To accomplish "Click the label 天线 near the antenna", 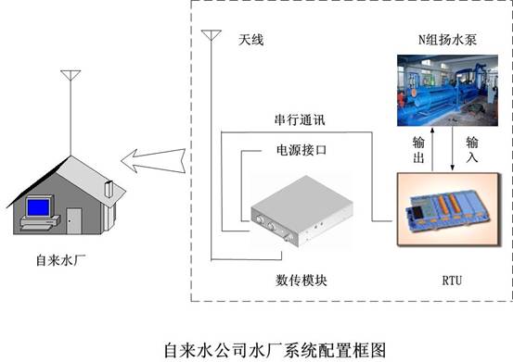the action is pos(251,40).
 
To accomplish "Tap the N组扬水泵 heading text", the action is pos(447,40).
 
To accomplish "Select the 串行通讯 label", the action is pos(300,120).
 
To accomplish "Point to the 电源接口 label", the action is pos(301,150).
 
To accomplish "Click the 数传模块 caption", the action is pos(301,281).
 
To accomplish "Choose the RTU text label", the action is pos(452,281).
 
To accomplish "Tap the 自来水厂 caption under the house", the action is pos(61,260).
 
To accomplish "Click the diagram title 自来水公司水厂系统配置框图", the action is pos(275,350).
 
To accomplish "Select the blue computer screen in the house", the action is pos(39,207).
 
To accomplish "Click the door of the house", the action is pos(74,221).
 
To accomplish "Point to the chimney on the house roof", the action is pos(109,189).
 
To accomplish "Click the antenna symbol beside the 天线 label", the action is pos(212,35).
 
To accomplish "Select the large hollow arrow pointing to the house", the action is pos(153,160).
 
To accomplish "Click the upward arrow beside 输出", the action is pos(432,149).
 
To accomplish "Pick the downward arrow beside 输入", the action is pos(453,148).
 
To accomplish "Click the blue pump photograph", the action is pos(447,91).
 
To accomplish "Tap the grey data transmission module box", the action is pos(301,210).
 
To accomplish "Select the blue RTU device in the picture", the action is pos(447,209).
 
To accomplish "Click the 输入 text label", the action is pos(472,150).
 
